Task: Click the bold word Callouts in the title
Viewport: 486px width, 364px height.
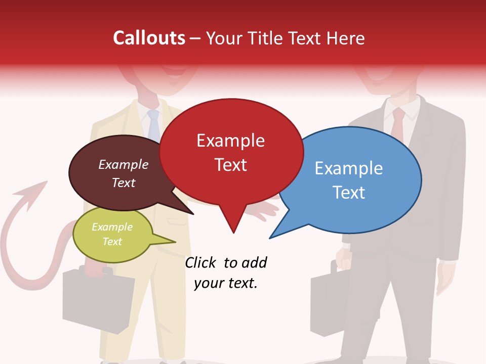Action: pos(149,38)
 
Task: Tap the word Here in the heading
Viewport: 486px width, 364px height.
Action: pos(346,38)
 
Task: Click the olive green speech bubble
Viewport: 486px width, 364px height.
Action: pos(112,234)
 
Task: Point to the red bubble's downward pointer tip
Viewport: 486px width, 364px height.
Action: pos(233,233)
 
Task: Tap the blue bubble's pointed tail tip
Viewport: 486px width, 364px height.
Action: pos(270,238)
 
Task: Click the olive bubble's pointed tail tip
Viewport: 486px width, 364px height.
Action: pos(176,242)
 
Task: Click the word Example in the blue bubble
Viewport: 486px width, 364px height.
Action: pos(348,168)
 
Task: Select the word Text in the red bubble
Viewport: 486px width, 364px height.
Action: pos(231,165)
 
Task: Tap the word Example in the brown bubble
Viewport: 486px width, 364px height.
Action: pos(124,164)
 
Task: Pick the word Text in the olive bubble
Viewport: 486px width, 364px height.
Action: pos(112,242)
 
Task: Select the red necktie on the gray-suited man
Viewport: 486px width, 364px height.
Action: pos(398,124)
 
